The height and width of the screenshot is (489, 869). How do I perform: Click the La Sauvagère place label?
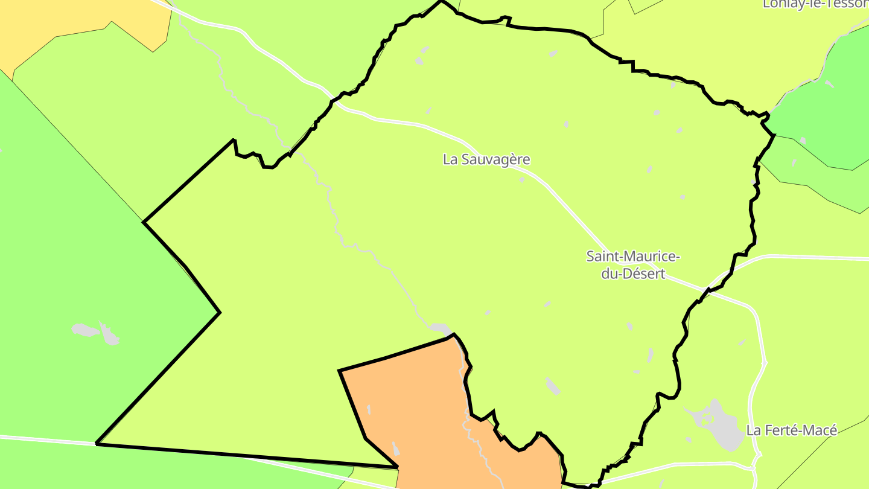pyautogui.click(x=486, y=160)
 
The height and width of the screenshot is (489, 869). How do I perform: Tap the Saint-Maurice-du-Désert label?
pyautogui.click(x=633, y=265)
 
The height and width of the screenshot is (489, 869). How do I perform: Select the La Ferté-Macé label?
pyautogui.click(x=792, y=430)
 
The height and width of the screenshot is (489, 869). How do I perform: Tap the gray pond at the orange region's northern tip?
pyautogui.click(x=441, y=329)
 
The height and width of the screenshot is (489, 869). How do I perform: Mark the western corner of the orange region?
pyautogui.click(x=340, y=371)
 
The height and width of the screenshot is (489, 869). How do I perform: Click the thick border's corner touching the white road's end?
pyautogui.click(x=97, y=444)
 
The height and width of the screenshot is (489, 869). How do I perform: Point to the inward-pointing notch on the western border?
pyautogui.click(x=219, y=312)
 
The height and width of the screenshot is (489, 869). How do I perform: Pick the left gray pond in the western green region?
pyautogui.click(x=85, y=330)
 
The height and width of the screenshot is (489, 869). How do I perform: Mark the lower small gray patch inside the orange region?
pyautogui.click(x=396, y=449)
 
